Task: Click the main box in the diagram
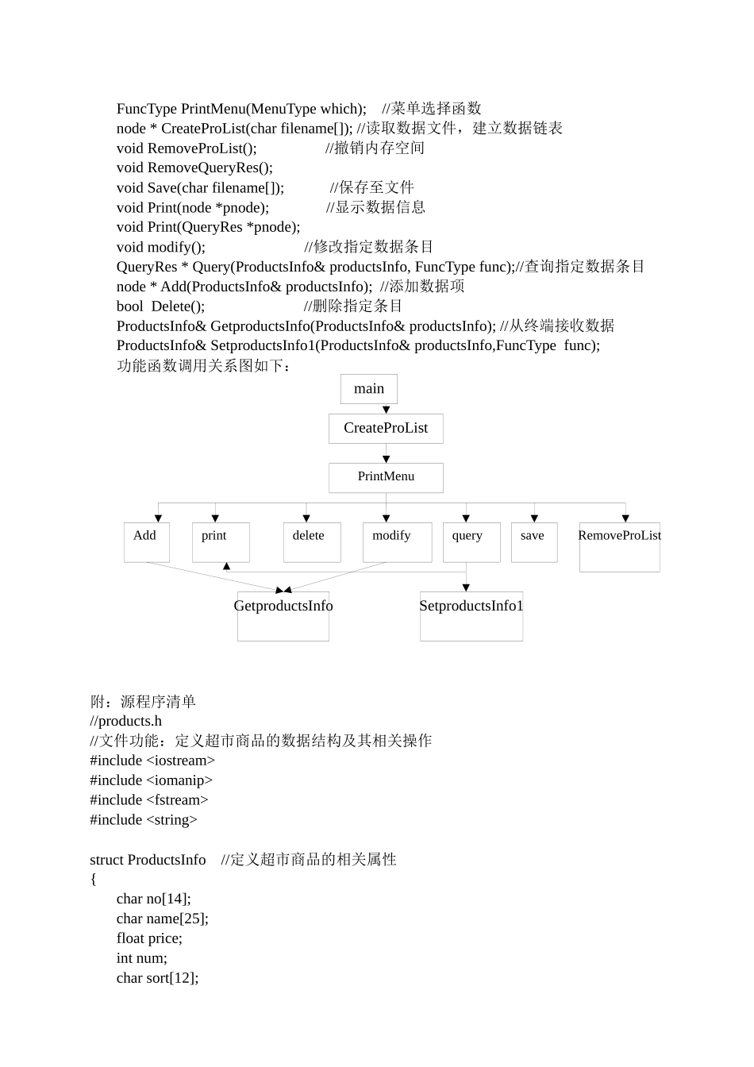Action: tap(369, 389)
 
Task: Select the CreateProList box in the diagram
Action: tap(386, 429)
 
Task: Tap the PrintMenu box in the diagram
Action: tap(386, 477)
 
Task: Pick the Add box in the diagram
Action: tap(146, 542)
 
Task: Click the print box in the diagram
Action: tap(221, 542)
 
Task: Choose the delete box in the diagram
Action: tap(312, 542)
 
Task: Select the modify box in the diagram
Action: tap(397, 542)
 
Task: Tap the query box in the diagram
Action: tap(471, 542)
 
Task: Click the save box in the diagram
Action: tap(534, 542)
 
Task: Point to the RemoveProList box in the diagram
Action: tap(619, 547)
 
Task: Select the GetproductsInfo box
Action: tap(283, 616)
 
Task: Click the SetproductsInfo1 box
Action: tap(471, 616)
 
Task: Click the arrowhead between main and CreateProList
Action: tap(387, 410)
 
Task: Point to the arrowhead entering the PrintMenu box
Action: tap(387, 459)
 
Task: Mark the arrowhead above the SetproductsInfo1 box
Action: tap(466, 587)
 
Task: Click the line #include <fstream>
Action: tap(149, 800)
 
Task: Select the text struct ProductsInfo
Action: tap(148, 860)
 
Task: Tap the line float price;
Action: tap(149, 938)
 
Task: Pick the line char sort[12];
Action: tap(157, 978)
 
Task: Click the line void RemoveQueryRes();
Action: tap(194, 168)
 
